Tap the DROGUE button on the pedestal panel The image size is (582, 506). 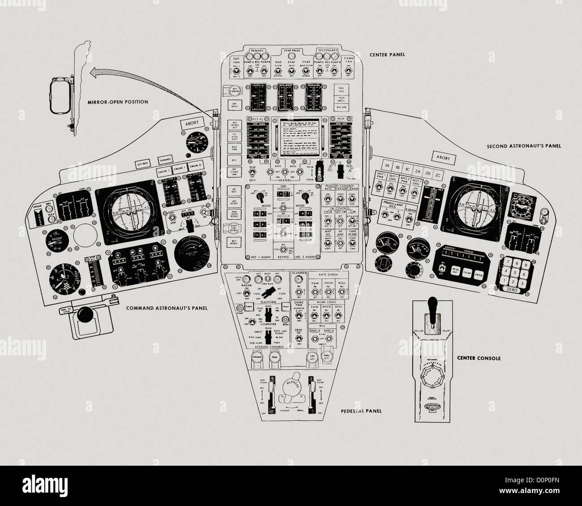[x=257, y=356]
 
